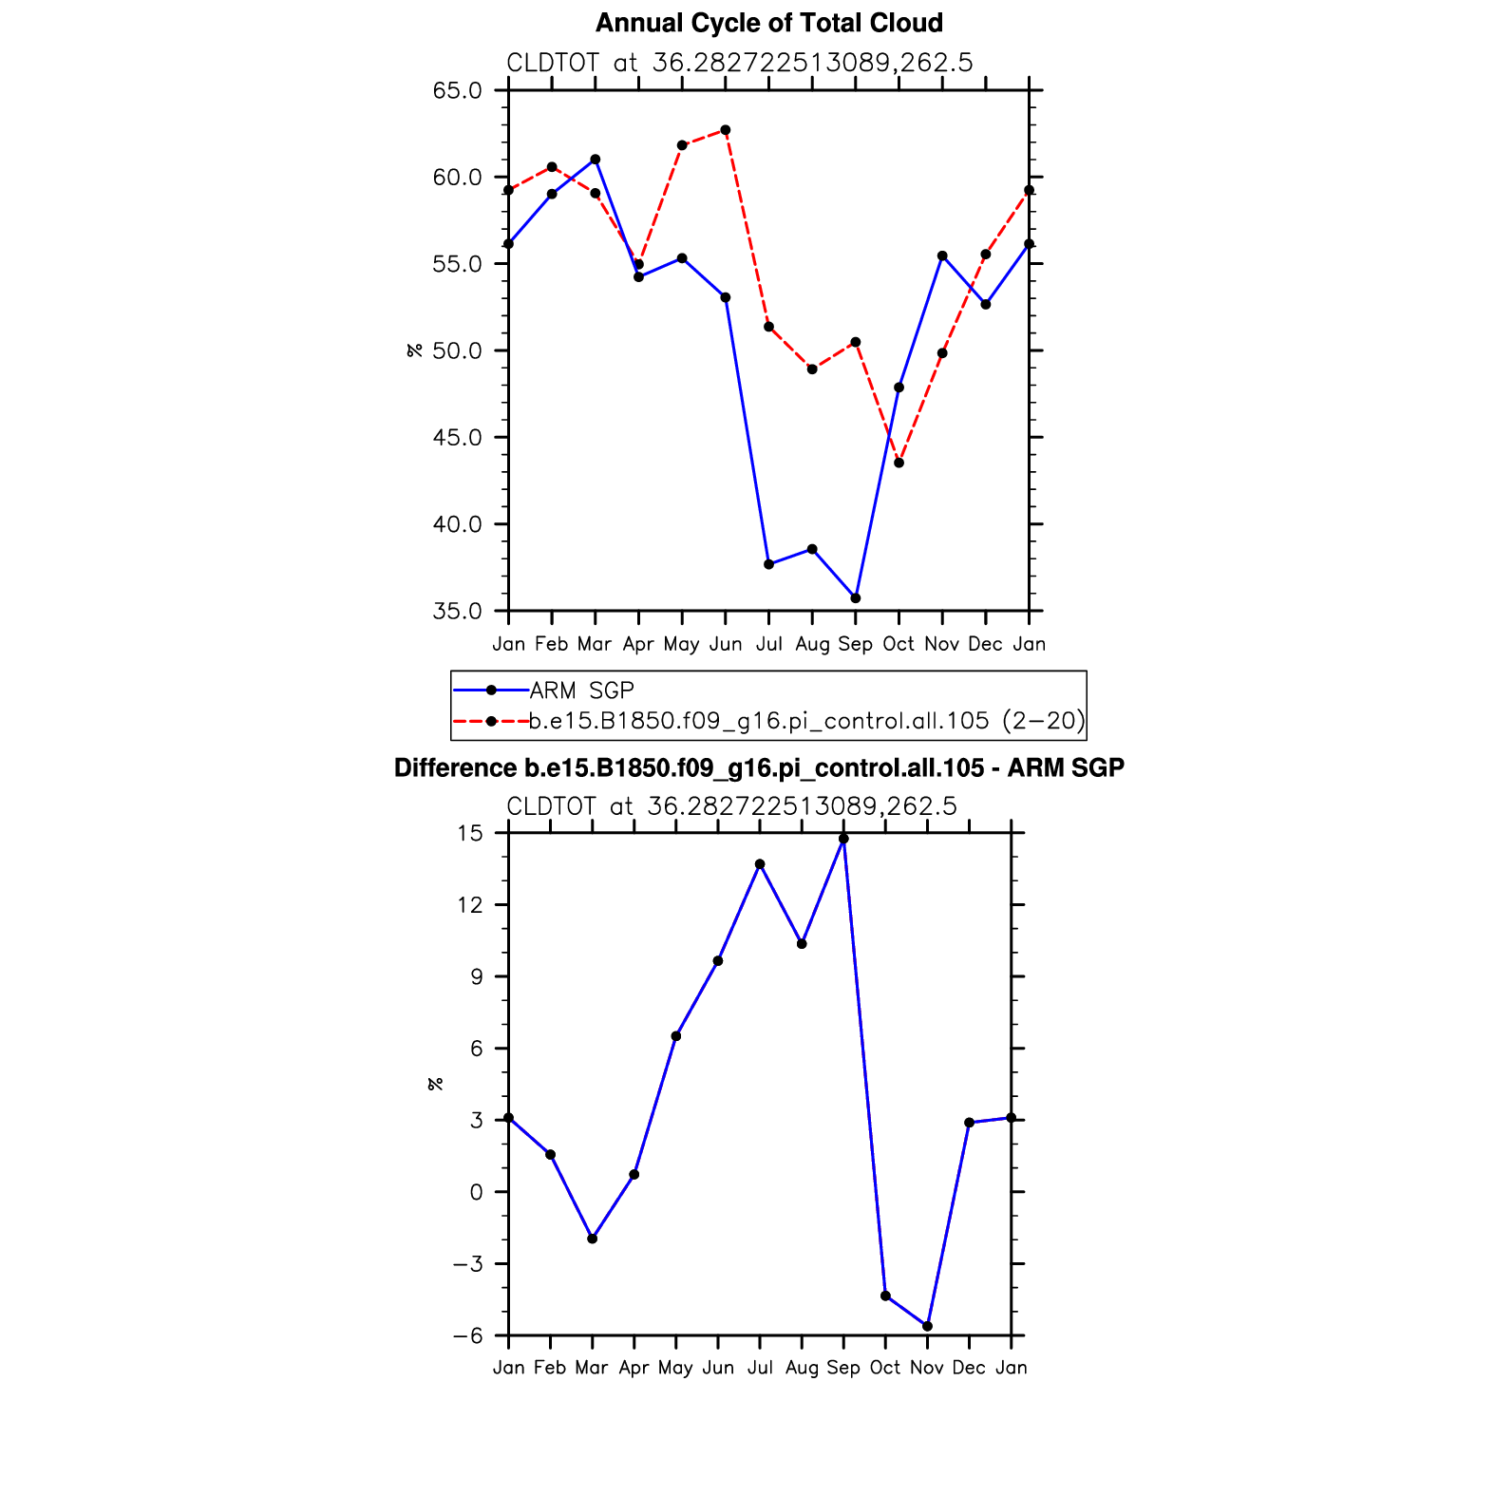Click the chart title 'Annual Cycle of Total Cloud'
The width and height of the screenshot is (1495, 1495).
[768, 23]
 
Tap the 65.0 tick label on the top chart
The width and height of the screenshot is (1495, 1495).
[457, 91]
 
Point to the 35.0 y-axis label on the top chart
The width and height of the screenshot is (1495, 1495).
[457, 611]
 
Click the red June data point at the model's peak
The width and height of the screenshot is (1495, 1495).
[726, 130]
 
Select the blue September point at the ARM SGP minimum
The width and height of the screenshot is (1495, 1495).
[856, 598]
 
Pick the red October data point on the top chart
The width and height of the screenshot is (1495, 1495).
[899, 463]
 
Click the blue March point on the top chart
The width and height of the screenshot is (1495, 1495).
[596, 160]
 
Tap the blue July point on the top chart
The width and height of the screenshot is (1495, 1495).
[768, 564]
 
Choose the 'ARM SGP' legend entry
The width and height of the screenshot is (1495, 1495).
[581, 691]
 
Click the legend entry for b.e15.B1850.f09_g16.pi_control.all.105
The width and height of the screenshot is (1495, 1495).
[806, 721]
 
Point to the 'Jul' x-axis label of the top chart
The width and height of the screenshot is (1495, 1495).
[768, 644]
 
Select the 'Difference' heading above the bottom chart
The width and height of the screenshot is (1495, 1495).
[759, 767]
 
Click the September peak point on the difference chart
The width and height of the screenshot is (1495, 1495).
[843, 839]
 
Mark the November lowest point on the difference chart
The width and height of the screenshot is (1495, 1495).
[927, 1326]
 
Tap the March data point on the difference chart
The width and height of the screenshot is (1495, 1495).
[592, 1239]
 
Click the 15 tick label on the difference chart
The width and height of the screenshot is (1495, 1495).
[470, 833]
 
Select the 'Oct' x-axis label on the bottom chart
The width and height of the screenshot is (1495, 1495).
[885, 1368]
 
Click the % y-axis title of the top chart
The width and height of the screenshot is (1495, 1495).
[414, 350]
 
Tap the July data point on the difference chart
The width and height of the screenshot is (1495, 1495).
[760, 864]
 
